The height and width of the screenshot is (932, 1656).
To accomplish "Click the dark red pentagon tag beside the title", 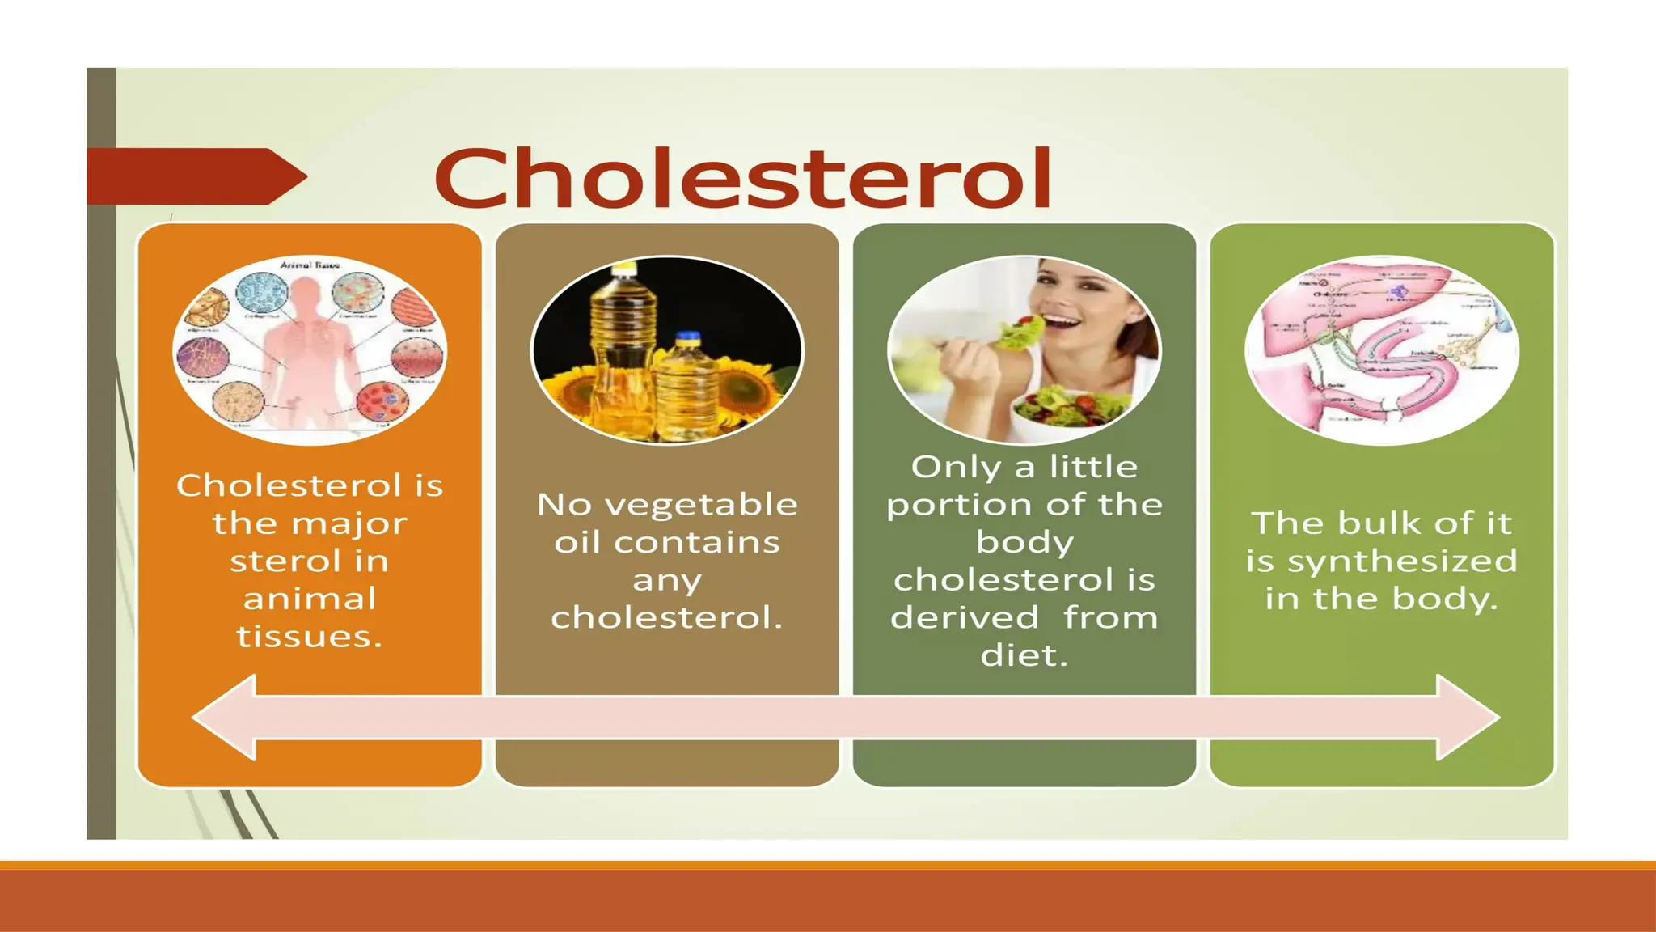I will coord(194,176).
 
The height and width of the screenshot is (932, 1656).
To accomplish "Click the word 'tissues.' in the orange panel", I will coord(309,637).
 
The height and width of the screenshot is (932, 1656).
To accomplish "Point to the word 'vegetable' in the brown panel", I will coord(701,505).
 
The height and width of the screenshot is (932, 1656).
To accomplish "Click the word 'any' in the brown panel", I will coord(667,581).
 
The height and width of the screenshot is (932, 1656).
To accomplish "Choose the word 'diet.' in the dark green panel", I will coord(1024,655).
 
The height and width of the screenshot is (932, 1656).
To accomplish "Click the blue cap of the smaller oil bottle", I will coord(686,337).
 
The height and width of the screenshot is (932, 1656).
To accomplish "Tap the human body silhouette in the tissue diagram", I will coord(307,348).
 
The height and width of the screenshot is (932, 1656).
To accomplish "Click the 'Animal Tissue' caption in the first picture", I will coord(310,265).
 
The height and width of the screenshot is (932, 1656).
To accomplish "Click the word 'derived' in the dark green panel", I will coord(965,618).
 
